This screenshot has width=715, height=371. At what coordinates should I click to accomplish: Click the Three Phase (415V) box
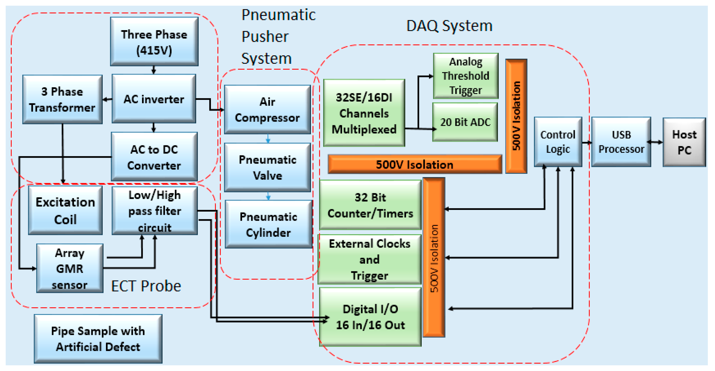pos(154,41)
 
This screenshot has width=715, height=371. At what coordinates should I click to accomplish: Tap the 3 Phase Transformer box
pos(62,99)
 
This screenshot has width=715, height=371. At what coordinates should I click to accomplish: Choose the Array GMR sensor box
pos(70,268)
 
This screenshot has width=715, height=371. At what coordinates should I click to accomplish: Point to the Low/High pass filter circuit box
pos(155,211)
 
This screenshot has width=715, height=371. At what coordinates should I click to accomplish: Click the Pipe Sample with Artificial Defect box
pos(98,339)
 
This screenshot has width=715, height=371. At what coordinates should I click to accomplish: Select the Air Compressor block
pos(267,109)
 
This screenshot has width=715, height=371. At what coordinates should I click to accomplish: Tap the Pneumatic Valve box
pos(267,167)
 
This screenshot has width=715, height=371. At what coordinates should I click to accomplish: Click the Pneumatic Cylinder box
pos(269,224)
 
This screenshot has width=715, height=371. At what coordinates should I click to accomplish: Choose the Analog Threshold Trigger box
pos(466,76)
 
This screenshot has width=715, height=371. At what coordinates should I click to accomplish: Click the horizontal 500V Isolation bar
pos(415,164)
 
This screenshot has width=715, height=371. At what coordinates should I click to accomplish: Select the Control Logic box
pos(558,142)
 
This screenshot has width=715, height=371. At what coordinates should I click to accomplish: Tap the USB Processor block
pos(621,142)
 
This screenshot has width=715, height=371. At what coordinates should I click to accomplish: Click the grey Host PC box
pos(684,142)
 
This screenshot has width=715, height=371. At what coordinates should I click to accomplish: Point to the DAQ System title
pos(449,26)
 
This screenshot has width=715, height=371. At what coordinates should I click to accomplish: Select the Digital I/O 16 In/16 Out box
pos(370,317)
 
